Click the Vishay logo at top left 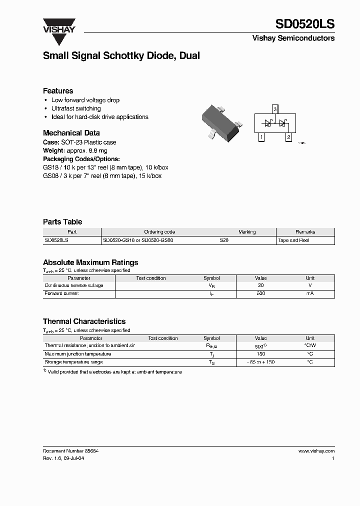[58, 25]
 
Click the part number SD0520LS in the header [304, 24]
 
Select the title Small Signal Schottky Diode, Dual [121, 56]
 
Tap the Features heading [58, 91]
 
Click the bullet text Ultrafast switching [76, 108]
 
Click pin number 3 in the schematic [274, 108]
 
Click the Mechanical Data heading [71, 133]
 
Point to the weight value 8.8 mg [97, 150]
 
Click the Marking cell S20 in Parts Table [224, 240]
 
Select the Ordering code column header [159, 232]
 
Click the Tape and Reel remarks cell [293, 240]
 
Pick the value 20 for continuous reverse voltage [260, 285]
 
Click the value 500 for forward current [260, 293]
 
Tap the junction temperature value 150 [260, 354]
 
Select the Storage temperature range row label [73, 362]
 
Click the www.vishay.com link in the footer [316, 451]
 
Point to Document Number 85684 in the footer [71, 451]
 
